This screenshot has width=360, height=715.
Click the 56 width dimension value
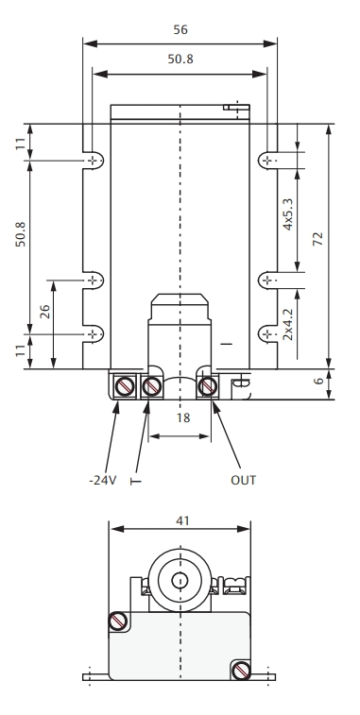coord(180,29)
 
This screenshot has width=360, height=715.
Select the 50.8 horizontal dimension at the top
coord(180,59)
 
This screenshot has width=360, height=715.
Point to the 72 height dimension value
coord(317,239)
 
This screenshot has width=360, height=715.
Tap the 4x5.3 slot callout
coord(287,213)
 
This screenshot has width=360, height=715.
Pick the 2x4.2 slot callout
coord(287,324)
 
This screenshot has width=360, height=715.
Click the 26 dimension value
coord(44,312)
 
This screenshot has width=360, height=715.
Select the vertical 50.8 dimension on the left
coord(21,234)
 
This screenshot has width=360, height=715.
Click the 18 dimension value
coord(183,417)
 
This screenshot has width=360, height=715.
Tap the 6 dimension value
coord(319,381)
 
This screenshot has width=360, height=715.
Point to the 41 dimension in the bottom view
coord(182,520)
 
